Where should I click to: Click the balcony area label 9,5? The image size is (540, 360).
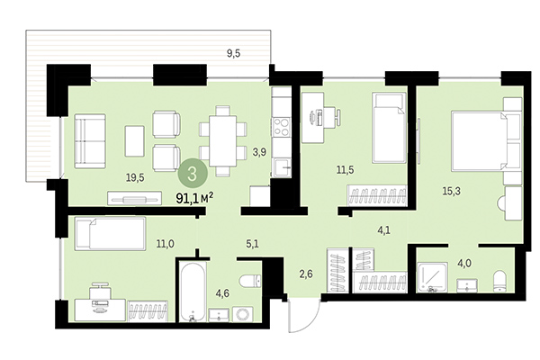pos(233,52)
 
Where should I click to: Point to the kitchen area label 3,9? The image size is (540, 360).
pos(260,152)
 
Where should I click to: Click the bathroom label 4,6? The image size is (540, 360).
pos(221,292)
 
